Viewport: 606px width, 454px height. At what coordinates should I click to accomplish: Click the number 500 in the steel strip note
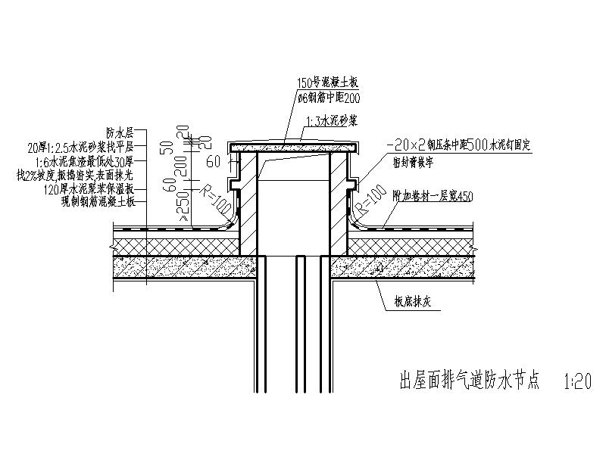coord(473,142)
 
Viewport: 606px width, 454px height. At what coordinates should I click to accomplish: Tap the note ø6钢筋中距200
coord(331,97)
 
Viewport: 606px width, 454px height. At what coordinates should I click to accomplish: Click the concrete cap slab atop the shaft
coord(292,145)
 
